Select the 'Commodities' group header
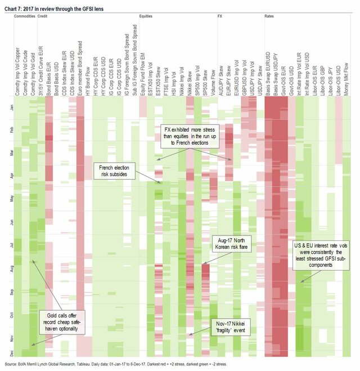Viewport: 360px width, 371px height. [25, 17]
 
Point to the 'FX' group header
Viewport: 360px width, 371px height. [220, 17]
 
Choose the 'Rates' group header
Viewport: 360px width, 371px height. [269, 17]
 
